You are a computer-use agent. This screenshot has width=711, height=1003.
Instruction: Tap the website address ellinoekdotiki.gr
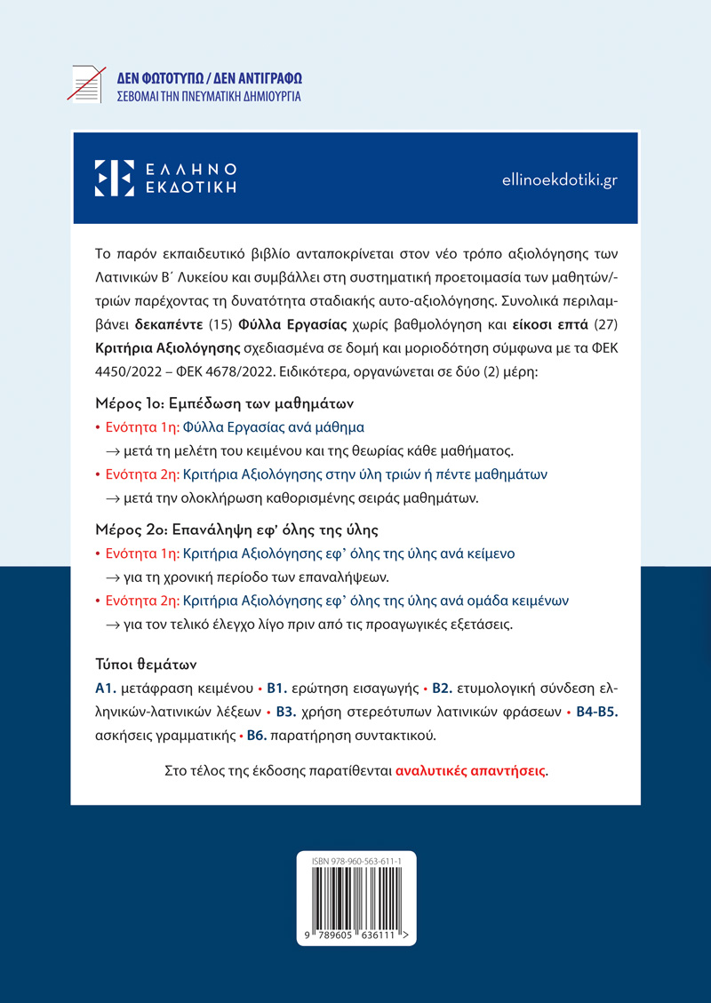[x=559, y=179]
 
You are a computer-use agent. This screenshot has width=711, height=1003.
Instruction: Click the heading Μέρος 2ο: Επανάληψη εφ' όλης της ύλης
[x=236, y=530]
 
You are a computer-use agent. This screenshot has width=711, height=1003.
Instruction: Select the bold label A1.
[x=106, y=688]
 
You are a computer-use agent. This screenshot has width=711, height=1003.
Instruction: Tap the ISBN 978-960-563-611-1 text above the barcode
[x=355, y=863]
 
